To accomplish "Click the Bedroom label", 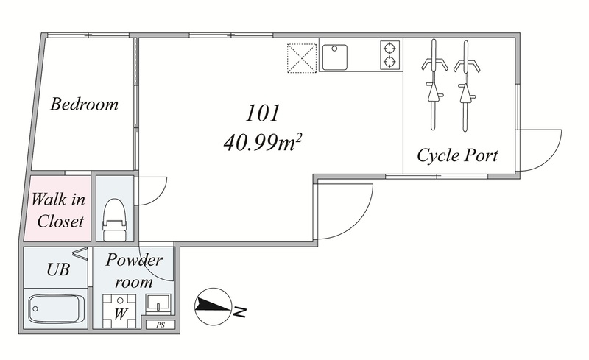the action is (x=84, y=104).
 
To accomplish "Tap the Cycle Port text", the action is (x=457, y=155).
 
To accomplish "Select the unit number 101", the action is (x=263, y=113).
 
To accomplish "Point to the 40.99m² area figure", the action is (x=263, y=142).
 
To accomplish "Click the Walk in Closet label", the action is (x=59, y=210).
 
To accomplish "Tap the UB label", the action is (x=58, y=269).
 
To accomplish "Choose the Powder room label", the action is (x=134, y=271).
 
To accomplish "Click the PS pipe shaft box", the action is (x=161, y=325).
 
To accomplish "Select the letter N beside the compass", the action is (x=239, y=311).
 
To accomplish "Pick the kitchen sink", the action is (x=334, y=57).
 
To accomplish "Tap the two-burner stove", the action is (x=390, y=55).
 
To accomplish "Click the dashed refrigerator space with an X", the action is (x=302, y=58).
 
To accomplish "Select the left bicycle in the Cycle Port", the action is (x=434, y=85).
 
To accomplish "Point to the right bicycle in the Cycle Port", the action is (x=467, y=85).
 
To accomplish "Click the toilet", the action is (x=114, y=220).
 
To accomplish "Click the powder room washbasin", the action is (x=158, y=303).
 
